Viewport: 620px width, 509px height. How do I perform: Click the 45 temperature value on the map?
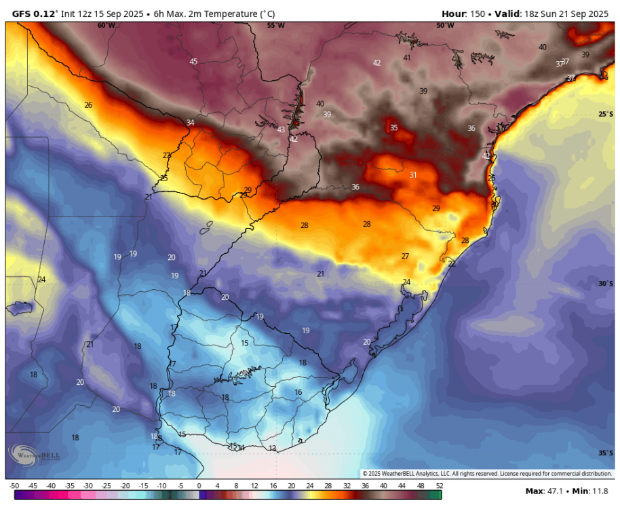pyautogui.click(x=193, y=62)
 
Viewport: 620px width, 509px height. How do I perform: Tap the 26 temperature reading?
pyautogui.click(x=88, y=105)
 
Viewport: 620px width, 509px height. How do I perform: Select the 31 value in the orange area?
pyautogui.click(x=413, y=175)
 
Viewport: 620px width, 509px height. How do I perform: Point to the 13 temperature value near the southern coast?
pyautogui.click(x=272, y=449)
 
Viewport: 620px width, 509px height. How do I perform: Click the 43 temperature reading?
pyautogui.click(x=282, y=130)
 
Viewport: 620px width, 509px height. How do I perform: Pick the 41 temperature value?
pyautogui.click(x=407, y=58)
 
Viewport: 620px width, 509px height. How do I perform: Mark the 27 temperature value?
pyautogui.click(x=405, y=257)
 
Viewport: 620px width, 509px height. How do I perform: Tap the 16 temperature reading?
pyautogui.click(x=298, y=392)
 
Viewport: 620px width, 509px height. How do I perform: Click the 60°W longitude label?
pyautogui.click(x=106, y=25)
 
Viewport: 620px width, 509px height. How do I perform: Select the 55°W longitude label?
pyautogui.click(x=275, y=25)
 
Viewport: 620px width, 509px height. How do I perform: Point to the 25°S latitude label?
pyautogui.click(x=605, y=114)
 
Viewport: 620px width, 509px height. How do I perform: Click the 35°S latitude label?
pyautogui.click(x=605, y=453)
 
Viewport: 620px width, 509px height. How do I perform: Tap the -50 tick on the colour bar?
pyautogui.click(x=14, y=486)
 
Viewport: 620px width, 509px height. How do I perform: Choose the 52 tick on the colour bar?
pyautogui.click(x=440, y=486)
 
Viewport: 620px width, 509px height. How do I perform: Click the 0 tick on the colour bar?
pyautogui.click(x=199, y=486)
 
